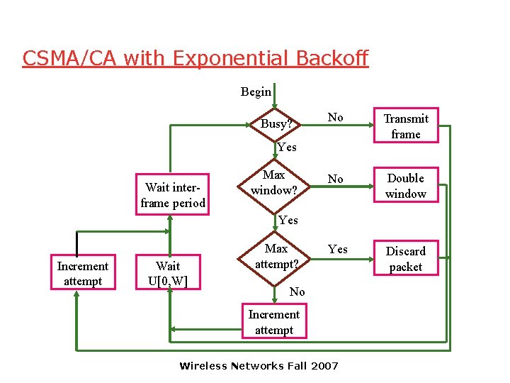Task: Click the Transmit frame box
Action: pos(406,126)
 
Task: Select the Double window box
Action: pos(406,186)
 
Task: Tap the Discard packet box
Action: pos(406,259)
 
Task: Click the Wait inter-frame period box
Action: pos(173,195)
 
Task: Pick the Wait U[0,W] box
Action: pos(168,274)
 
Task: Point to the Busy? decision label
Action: pos(276,123)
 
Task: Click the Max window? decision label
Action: pos(273,182)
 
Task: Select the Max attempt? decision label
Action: pos(276,256)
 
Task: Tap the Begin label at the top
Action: pos(256,91)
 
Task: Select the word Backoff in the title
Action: pos(329,58)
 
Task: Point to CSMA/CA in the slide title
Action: pos(69,58)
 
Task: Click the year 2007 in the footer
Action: pos(325,366)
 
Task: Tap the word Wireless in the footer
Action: pos(203,366)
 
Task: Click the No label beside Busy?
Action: pos(335,118)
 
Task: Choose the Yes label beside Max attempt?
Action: pos(338,249)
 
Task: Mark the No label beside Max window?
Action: pos(335,179)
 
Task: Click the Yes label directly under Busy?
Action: pos(287,148)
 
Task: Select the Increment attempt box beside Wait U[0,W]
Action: pos(83,274)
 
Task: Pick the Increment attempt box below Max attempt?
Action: pos(274,322)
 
